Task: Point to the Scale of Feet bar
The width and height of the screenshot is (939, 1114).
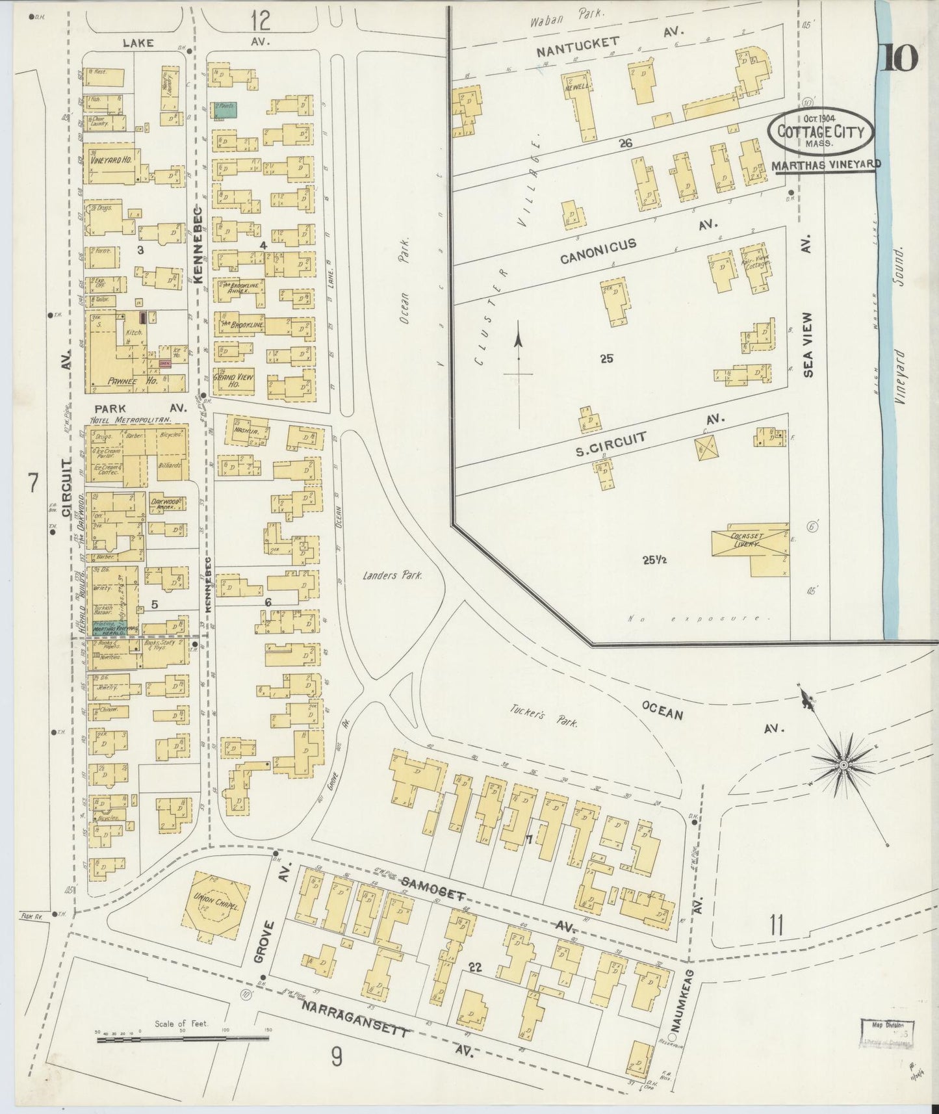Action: (183, 1040)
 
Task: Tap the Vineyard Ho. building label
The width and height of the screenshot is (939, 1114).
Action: (108, 160)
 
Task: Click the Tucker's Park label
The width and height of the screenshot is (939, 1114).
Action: (539, 717)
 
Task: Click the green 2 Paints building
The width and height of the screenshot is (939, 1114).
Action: (225, 110)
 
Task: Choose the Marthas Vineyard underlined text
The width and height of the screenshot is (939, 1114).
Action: (825, 165)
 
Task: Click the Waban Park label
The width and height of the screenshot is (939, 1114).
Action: (567, 12)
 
